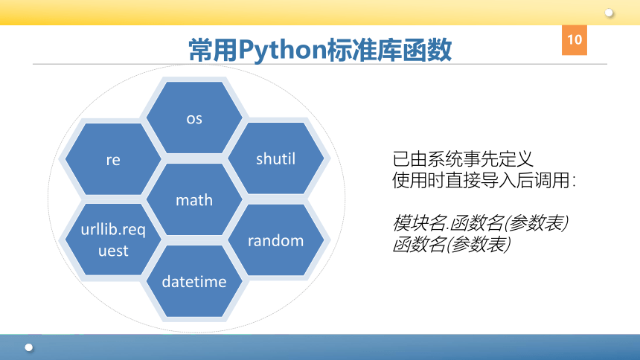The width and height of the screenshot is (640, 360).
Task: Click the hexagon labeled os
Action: pyautogui.click(x=194, y=118)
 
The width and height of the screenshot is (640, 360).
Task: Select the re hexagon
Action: pyautogui.click(x=113, y=158)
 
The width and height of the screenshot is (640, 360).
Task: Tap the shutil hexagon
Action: pyautogui.click(x=275, y=158)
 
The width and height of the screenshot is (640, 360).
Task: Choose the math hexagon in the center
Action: pyautogui.click(x=194, y=199)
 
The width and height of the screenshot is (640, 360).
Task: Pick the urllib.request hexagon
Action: pyautogui.click(x=113, y=240)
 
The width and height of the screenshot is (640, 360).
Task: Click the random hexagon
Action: pyautogui.click(x=275, y=240)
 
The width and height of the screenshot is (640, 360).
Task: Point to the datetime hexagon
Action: pyautogui.click(x=194, y=281)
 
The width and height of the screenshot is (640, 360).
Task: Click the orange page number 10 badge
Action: pyautogui.click(x=575, y=40)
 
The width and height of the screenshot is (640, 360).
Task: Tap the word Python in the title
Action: pyautogui.click(x=283, y=51)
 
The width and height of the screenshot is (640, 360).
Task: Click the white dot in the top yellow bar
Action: pyautogui.click(x=609, y=13)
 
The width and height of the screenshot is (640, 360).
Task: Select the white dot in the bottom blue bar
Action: pyautogui.click(x=28, y=347)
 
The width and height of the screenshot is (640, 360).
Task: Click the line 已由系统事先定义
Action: pyautogui.click(x=463, y=159)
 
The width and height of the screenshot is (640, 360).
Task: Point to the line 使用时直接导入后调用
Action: pyautogui.click(x=484, y=180)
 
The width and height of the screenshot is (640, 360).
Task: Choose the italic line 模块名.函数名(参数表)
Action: pyautogui.click(x=481, y=223)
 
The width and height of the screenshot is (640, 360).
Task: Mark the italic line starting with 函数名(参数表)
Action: pyautogui.click(x=452, y=244)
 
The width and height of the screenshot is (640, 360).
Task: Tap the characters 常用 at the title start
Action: pyautogui.click(x=214, y=50)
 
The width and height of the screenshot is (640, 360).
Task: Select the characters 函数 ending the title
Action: pyautogui.click(x=427, y=50)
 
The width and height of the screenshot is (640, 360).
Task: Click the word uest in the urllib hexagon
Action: pyautogui.click(x=113, y=250)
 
